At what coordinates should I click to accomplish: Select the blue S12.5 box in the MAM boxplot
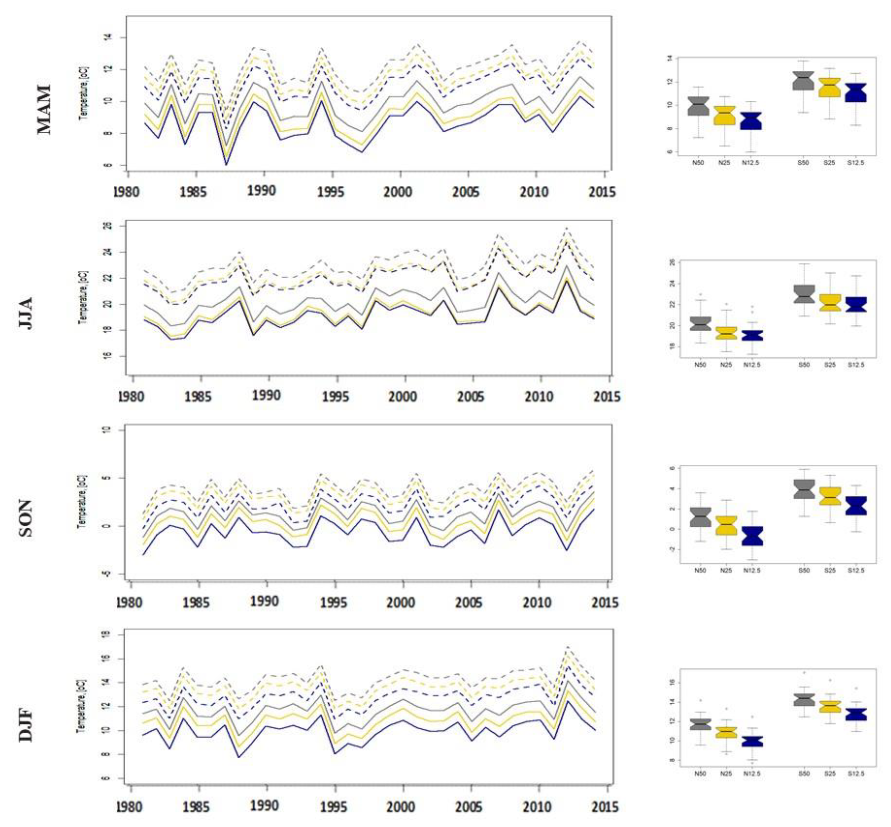[856, 93]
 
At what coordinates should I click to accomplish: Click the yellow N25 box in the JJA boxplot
[726, 333]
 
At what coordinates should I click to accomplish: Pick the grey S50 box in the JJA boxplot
[804, 294]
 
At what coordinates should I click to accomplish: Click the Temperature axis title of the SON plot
[82, 501]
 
